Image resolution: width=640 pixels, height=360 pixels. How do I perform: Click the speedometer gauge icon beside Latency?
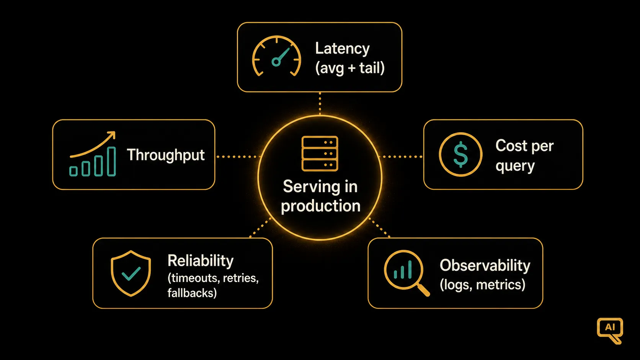point(276,56)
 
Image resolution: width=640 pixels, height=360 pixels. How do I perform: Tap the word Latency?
point(342,49)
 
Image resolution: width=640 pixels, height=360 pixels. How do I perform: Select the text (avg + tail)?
point(350,68)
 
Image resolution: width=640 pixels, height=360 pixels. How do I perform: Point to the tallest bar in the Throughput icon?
point(111,161)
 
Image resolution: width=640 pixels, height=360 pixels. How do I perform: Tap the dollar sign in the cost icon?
point(460,155)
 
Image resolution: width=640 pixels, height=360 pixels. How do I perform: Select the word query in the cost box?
point(515,166)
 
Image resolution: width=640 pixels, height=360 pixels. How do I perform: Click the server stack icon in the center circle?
point(320,153)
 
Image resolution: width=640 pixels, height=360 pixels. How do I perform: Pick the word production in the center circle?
point(320,207)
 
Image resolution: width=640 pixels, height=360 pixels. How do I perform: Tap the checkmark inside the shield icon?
point(131,274)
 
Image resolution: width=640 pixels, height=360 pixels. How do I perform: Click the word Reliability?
point(201,261)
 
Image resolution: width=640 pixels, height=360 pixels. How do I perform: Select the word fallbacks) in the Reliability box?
point(192,293)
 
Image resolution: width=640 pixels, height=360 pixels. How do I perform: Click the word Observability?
point(485,266)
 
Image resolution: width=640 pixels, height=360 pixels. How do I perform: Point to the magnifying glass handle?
point(423,289)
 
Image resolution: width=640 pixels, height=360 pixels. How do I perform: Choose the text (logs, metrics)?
point(483,285)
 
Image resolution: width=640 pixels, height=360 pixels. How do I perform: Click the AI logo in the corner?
point(610,331)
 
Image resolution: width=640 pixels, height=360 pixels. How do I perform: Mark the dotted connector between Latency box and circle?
point(320,103)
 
